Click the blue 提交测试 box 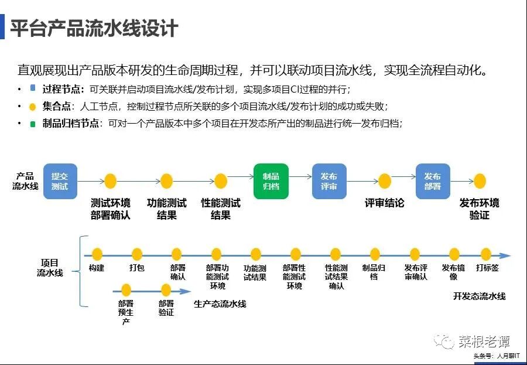[60, 181]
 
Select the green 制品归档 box [271, 181]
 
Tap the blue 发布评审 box [329, 181]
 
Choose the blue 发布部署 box [433, 181]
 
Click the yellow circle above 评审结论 [385, 181]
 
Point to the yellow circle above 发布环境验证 [480, 181]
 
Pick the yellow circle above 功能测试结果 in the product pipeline [167, 181]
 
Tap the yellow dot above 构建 [97, 254]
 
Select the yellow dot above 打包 [137, 254]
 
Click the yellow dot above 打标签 [486, 254]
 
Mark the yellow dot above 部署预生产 [126, 289]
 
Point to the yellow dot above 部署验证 [166, 289]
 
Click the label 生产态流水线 [220, 304]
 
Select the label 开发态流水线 [479, 296]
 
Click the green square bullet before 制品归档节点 [33, 124]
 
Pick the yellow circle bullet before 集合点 [33, 107]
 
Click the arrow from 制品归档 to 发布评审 [300, 176]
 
